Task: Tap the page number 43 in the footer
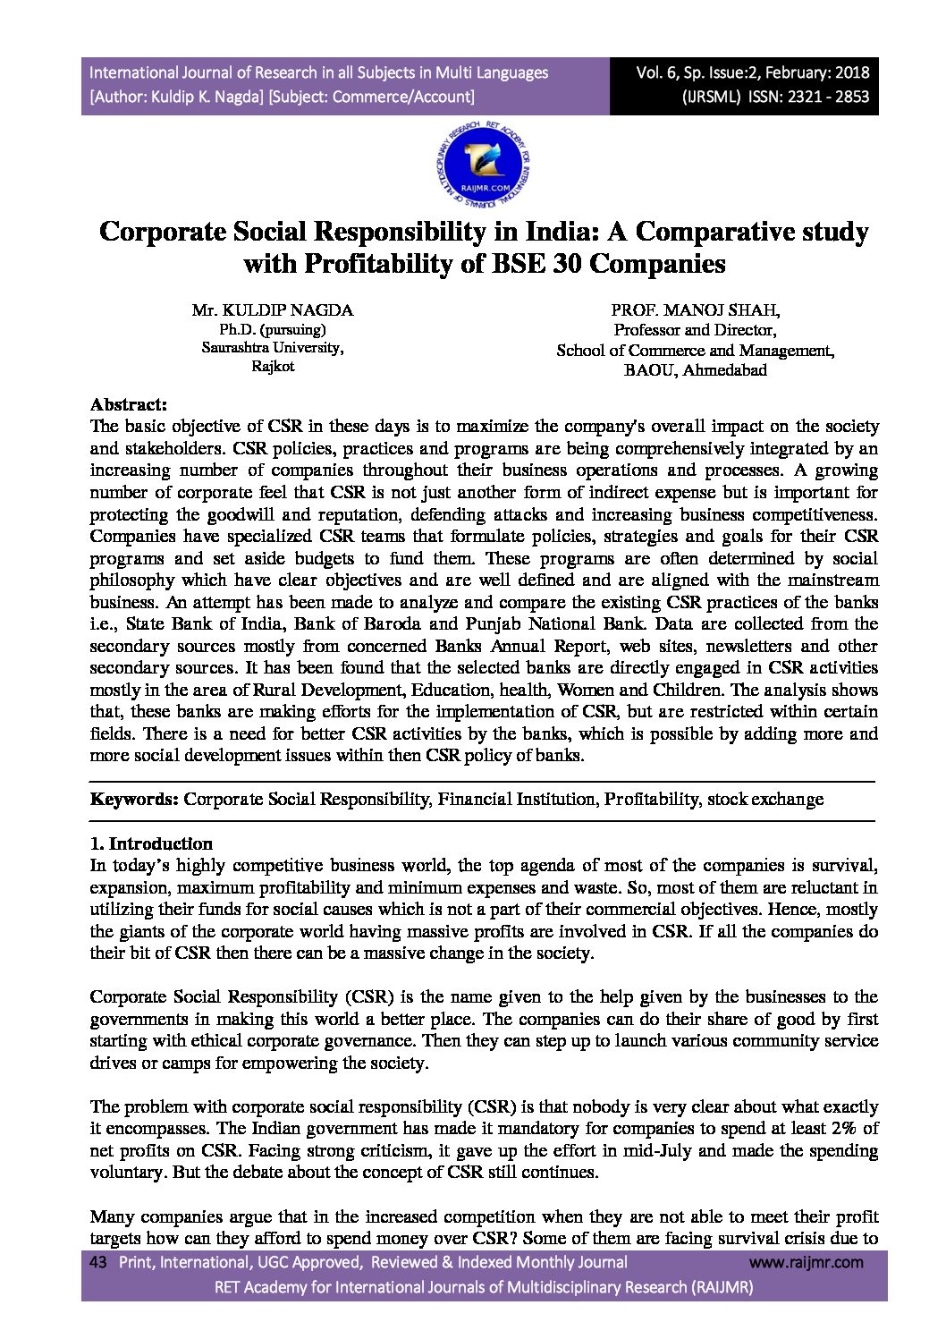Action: click(98, 1262)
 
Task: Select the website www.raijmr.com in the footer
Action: click(806, 1262)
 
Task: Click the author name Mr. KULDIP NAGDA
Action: click(273, 310)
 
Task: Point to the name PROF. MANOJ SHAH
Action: click(695, 310)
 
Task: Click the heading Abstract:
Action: click(129, 404)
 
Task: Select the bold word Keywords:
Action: click(134, 799)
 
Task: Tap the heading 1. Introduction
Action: click(151, 843)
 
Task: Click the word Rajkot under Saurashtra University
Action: click(273, 367)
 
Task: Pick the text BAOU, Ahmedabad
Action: click(695, 370)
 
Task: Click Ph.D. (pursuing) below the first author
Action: click(273, 329)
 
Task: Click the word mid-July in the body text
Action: click(655, 1150)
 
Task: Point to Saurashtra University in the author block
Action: click(273, 348)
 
